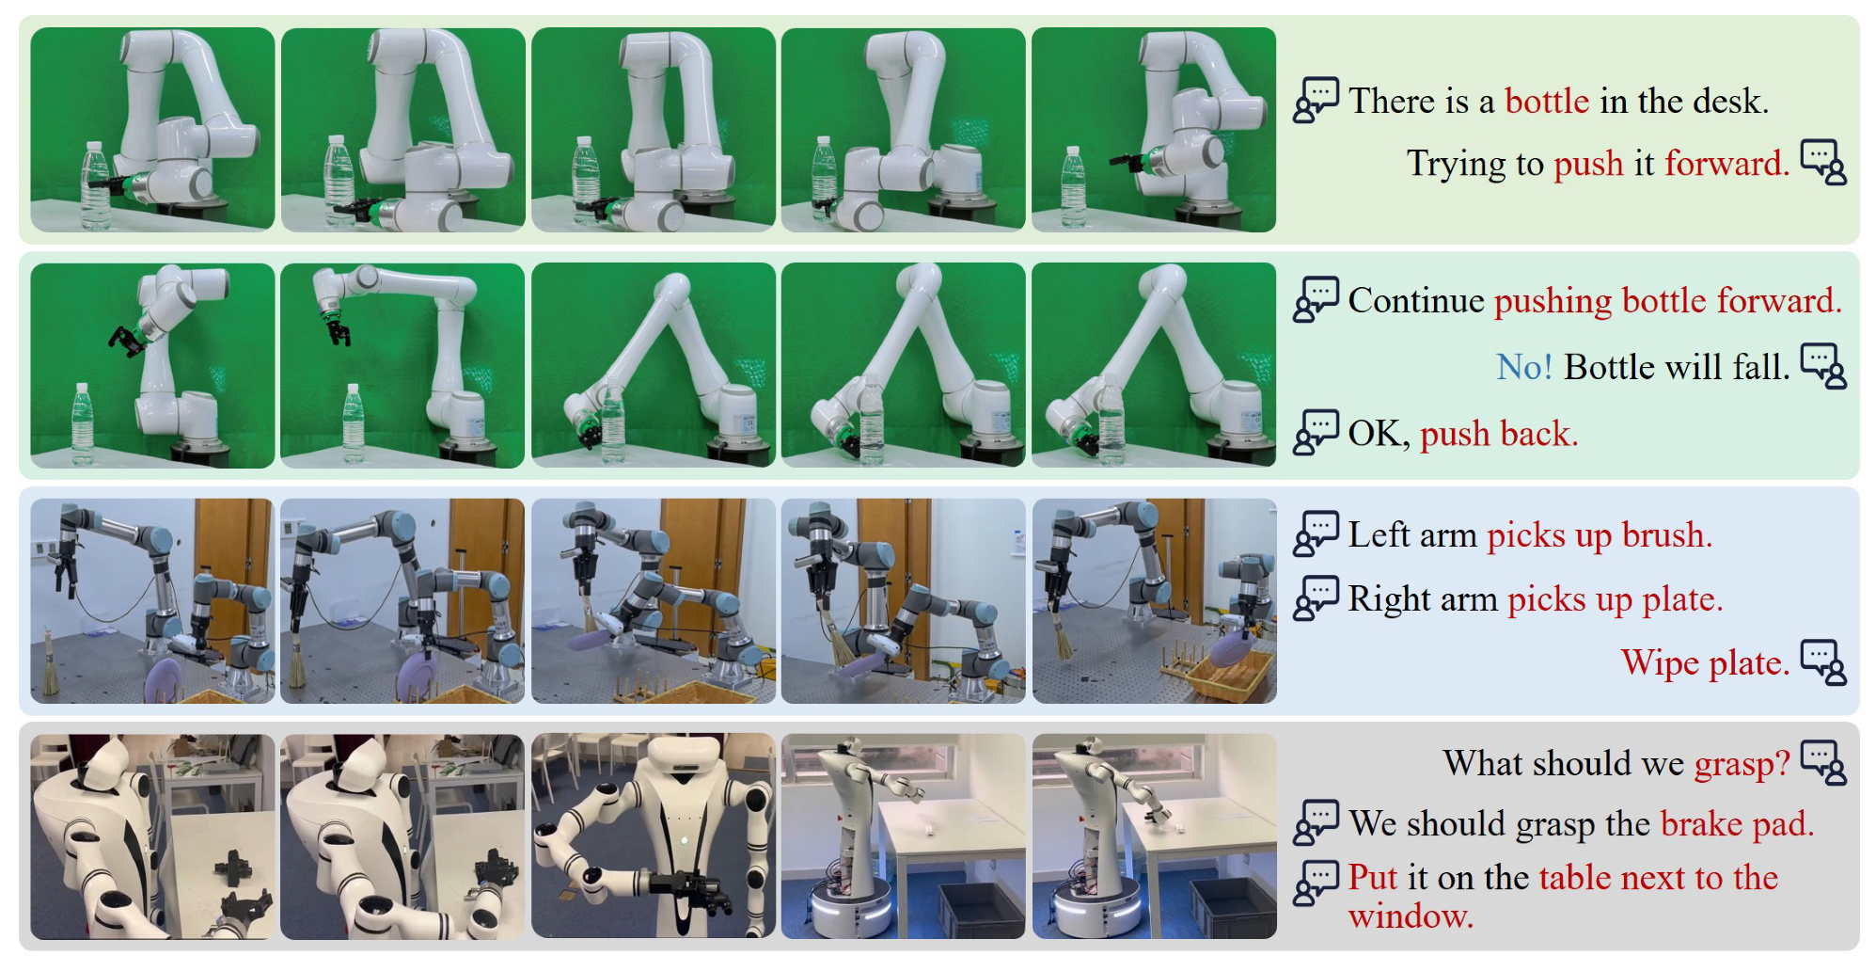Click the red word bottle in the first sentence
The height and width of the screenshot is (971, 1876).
(1547, 101)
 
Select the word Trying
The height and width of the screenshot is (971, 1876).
(1457, 165)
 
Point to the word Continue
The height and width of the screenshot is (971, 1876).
(1416, 301)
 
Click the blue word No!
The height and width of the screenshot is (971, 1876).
(1524, 367)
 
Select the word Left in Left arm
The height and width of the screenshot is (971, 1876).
(1379, 535)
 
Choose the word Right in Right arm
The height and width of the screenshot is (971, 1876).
(1393, 599)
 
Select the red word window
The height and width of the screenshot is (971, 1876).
(1411, 915)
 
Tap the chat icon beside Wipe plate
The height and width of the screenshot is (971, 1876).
(1823, 663)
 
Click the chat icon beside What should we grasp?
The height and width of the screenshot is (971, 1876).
(1823, 763)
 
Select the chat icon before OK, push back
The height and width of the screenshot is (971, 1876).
(1316, 433)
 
